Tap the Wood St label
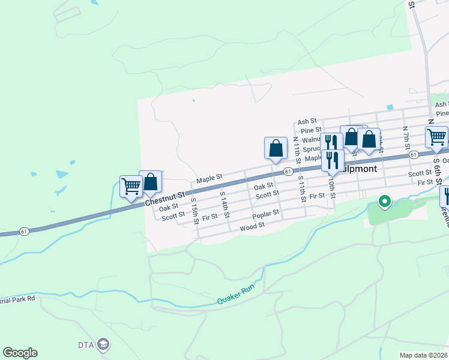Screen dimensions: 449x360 (252, 226)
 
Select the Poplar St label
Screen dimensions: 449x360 (266, 214)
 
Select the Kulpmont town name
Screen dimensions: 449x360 (359, 169)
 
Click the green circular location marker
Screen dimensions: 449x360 (384, 201)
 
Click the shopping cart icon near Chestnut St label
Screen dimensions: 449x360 (130, 186)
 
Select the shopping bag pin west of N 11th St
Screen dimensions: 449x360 (276, 148)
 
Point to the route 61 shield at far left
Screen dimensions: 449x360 (24, 230)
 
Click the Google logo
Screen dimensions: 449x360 (20, 353)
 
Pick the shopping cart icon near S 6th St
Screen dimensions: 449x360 (436, 137)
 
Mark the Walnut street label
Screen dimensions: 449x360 (312, 139)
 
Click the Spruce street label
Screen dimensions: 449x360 (313, 149)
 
